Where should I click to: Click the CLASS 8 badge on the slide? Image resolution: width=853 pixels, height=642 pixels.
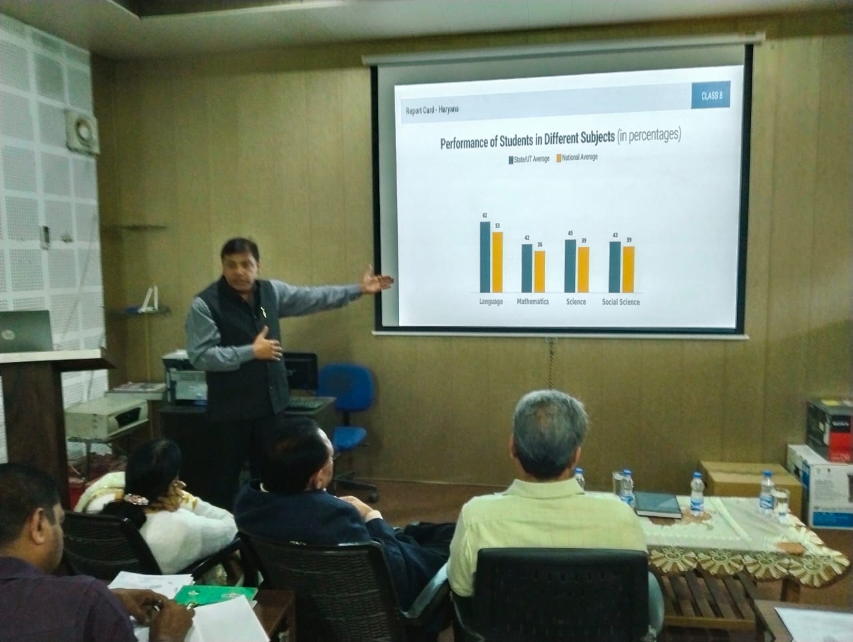point(712,97)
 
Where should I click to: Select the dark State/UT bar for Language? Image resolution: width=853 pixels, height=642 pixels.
point(485,257)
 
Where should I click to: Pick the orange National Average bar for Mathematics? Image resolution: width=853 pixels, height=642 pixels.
point(540,271)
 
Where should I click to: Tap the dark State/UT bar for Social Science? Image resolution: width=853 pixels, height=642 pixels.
point(615,267)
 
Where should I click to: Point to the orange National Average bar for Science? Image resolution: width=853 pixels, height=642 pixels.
point(583,269)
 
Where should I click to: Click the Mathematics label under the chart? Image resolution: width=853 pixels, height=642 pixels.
point(533,302)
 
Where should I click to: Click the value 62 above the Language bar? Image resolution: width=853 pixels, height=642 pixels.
point(485,215)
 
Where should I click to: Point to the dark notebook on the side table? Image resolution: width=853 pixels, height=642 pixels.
point(656,505)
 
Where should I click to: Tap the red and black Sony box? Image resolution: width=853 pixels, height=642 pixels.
point(829,429)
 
